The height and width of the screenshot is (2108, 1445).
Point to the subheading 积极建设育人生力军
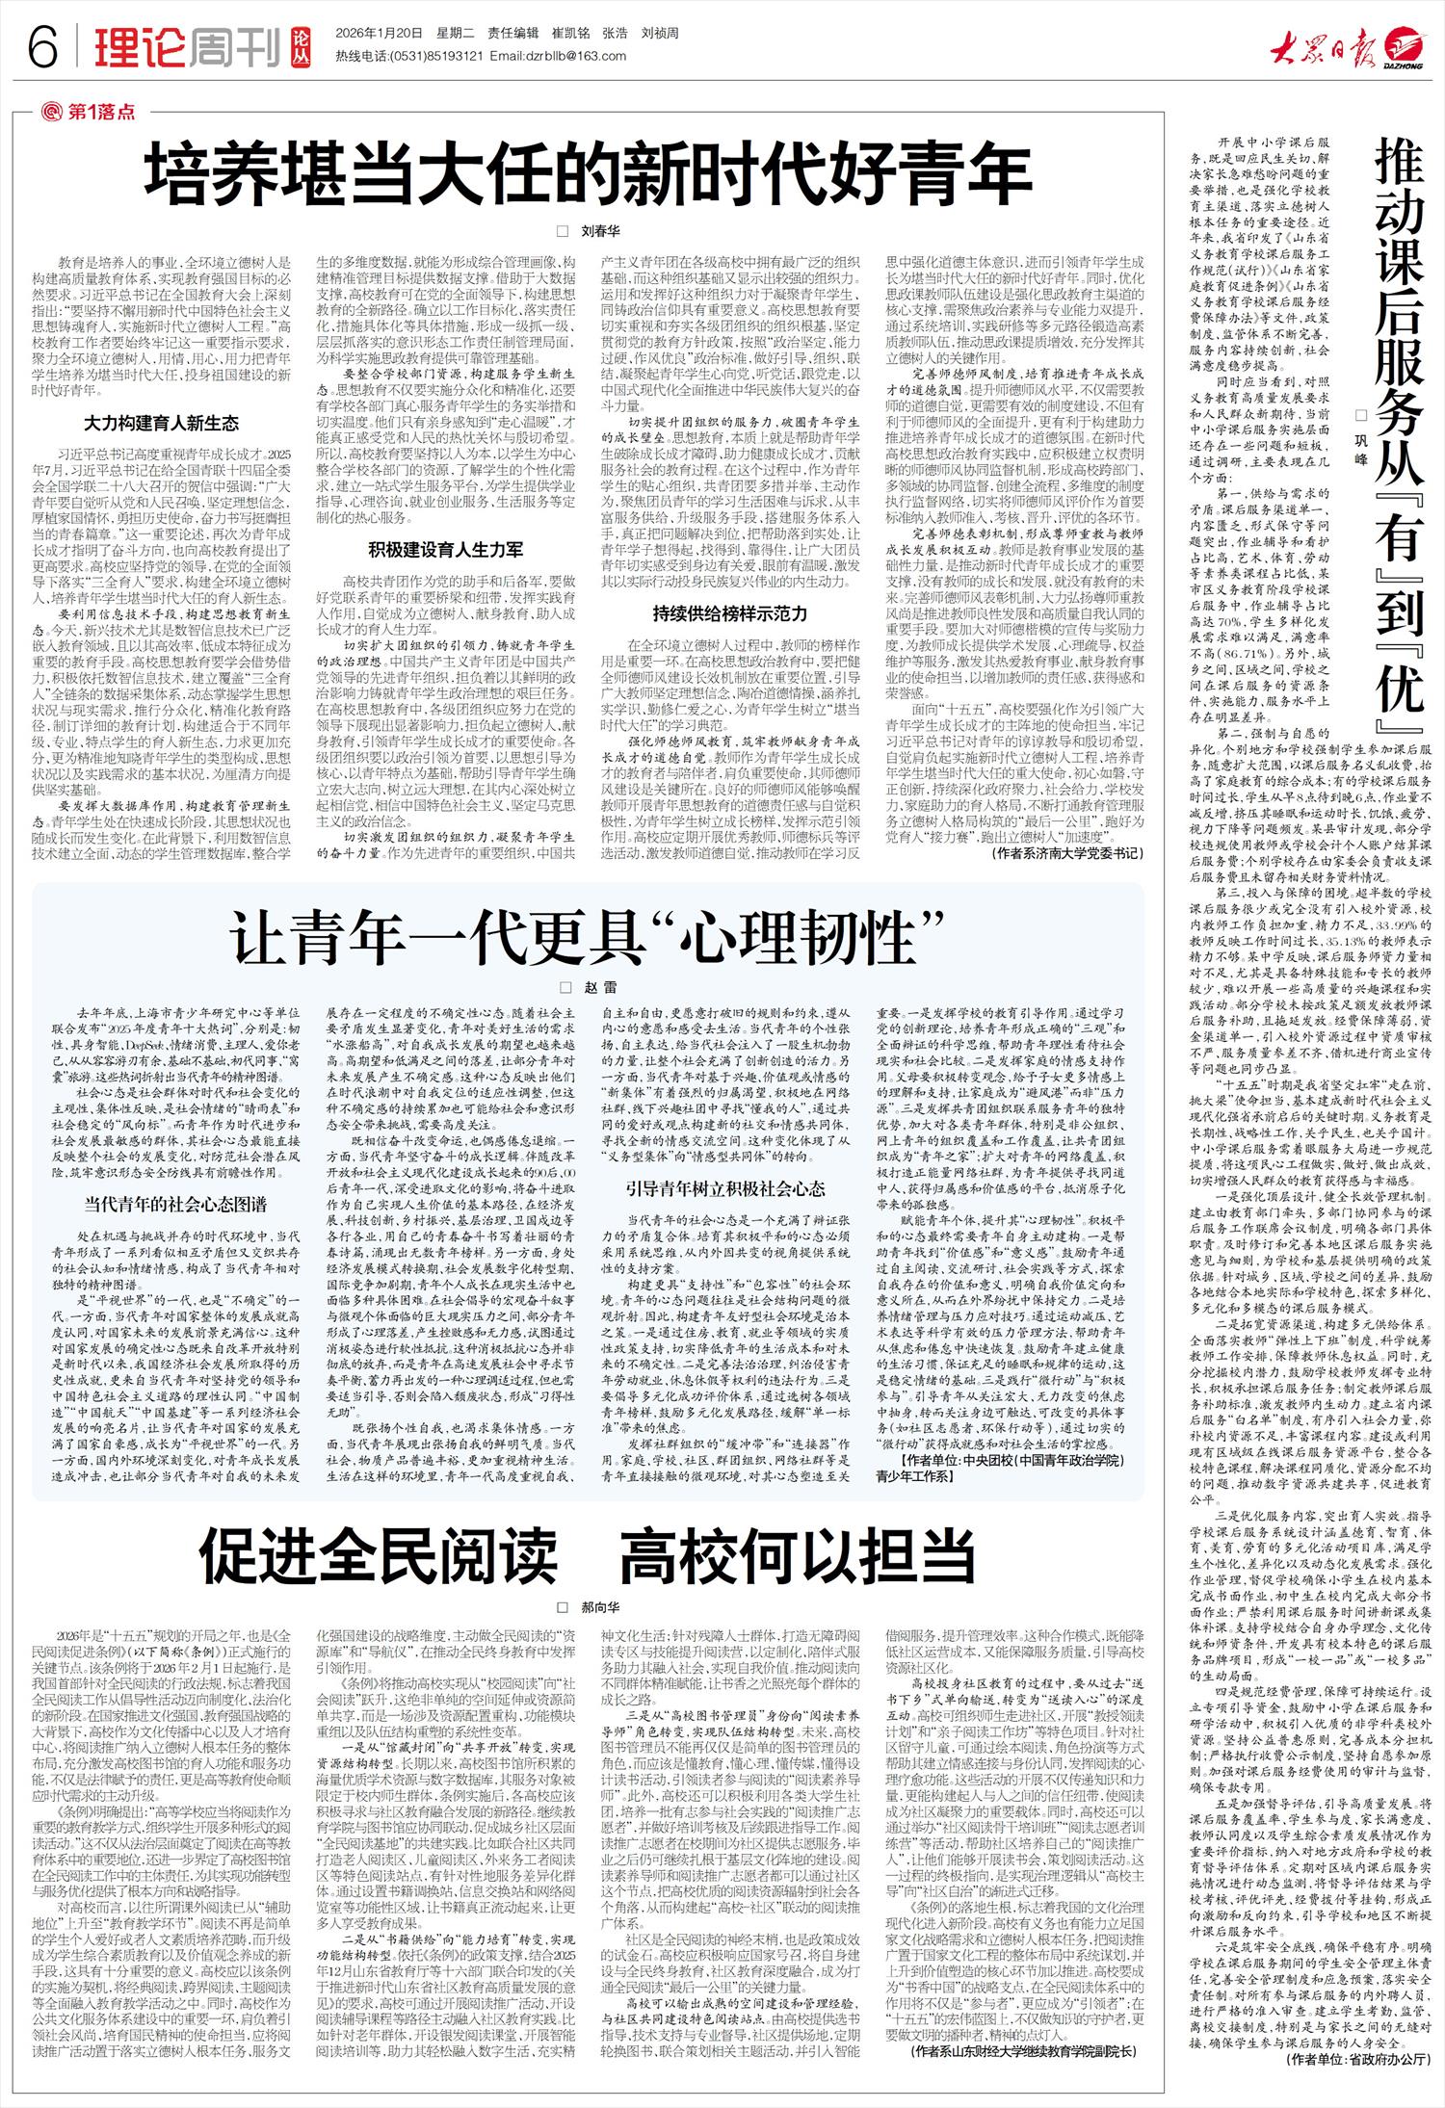(x=445, y=550)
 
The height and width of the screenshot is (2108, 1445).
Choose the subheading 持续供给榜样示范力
(x=728, y=613)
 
